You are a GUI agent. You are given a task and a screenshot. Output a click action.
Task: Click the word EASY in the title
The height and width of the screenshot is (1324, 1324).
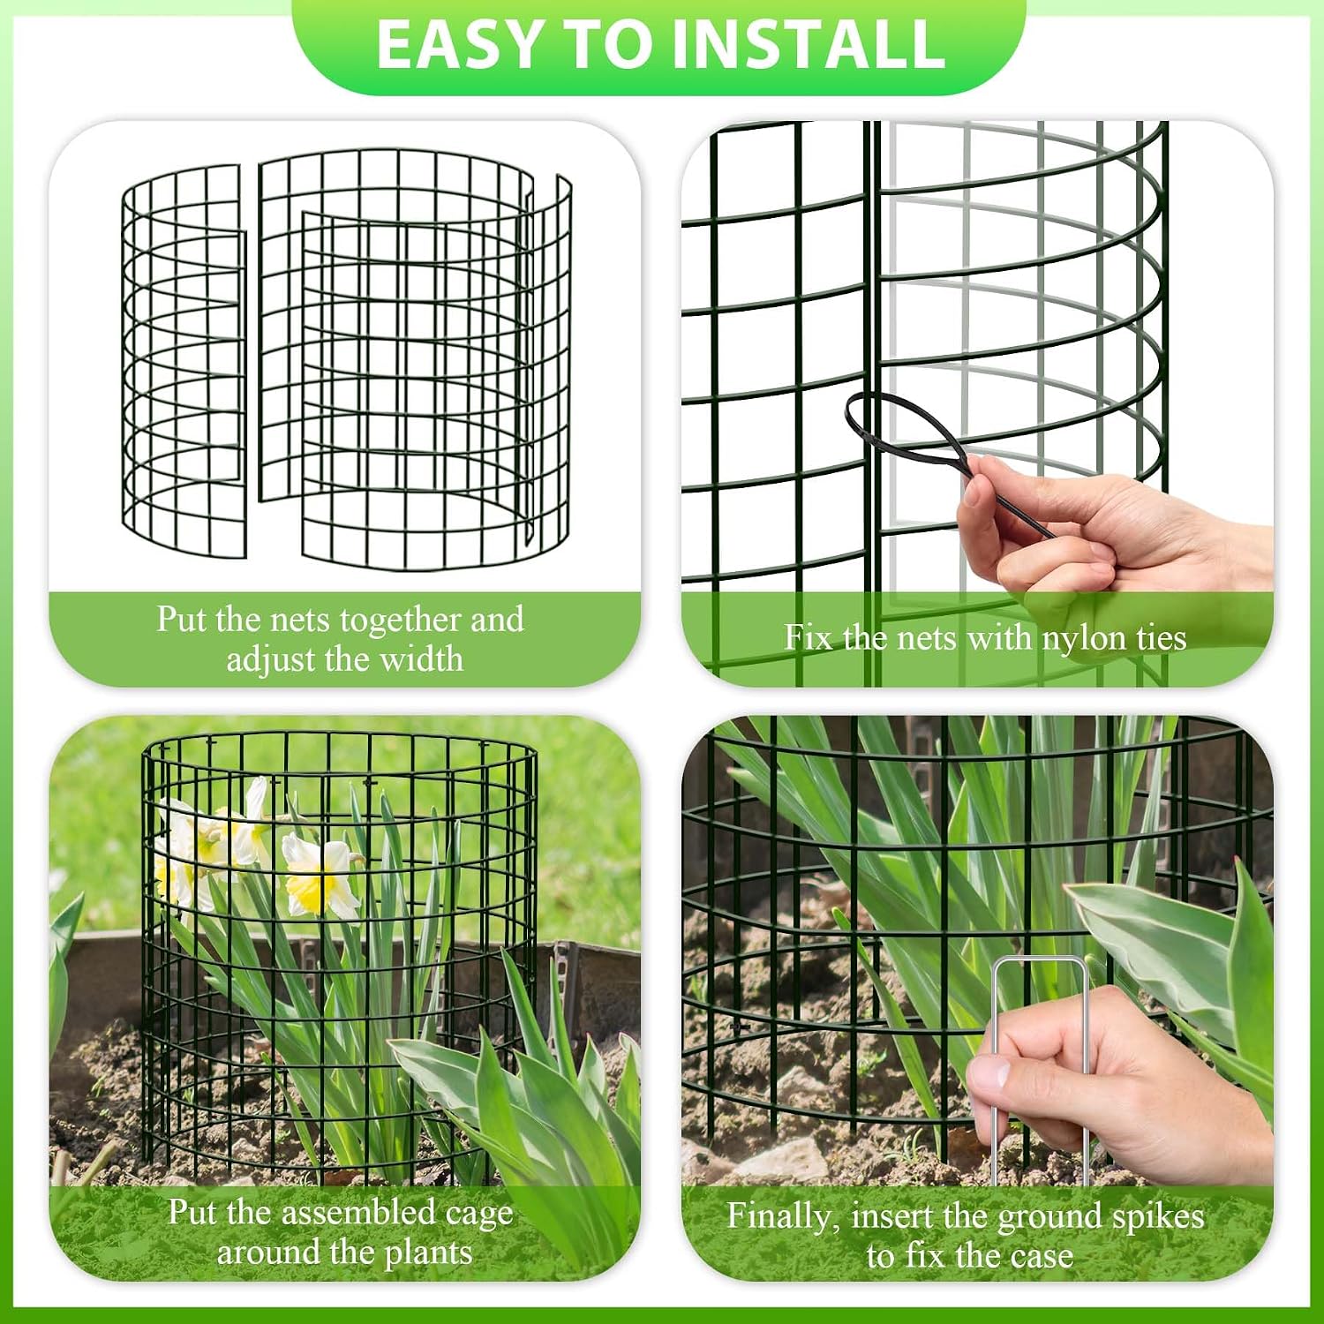(457, 44)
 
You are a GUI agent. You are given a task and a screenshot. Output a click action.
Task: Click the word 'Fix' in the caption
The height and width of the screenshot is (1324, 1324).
(808, 636)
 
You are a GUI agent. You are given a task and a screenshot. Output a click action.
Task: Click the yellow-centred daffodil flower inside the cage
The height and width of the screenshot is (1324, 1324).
(319, 874)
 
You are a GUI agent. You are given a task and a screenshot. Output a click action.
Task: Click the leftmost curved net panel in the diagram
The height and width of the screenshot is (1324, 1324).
(184, 362)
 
